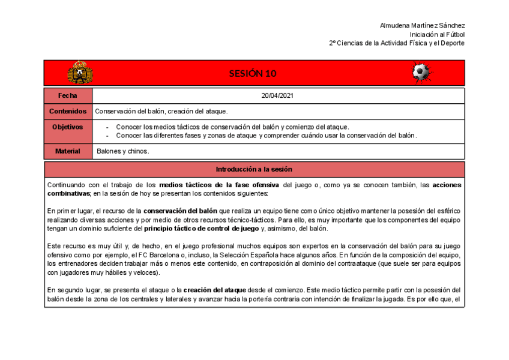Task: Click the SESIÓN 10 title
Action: [252, 74]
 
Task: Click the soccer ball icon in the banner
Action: [420, 73]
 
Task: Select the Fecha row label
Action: [68, 95]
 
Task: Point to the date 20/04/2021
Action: [277, 95]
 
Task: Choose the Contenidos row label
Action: [68, 112]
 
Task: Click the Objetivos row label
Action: [68, 127]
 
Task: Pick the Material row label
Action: [68, 151]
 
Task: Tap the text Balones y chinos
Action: [122, 151]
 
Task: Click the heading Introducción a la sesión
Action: [254, 169]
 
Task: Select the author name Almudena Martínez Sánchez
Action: [422, 26]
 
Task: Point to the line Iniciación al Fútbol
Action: [437, 35]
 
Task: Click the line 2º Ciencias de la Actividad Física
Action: [397, 43]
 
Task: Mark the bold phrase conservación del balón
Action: [180, 211]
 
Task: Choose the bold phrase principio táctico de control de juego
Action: [202, 229]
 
